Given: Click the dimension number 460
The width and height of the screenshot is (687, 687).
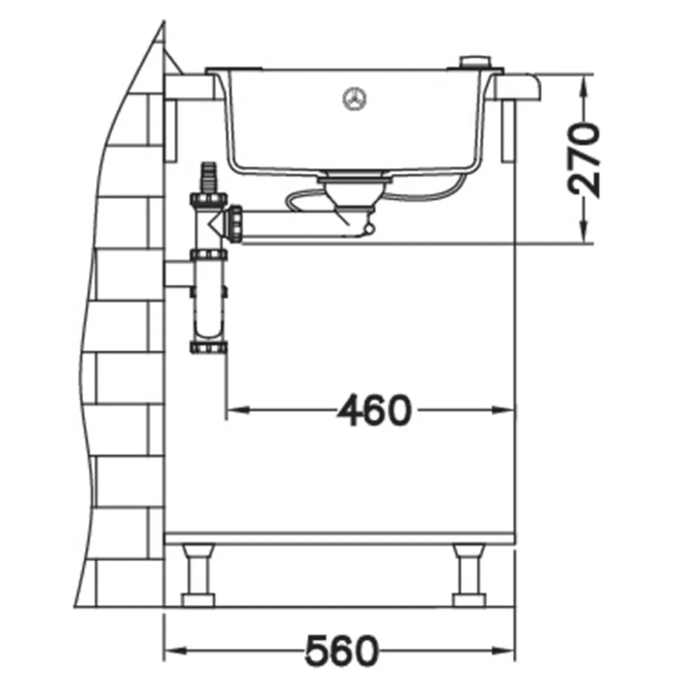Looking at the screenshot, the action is click(374, 410).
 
